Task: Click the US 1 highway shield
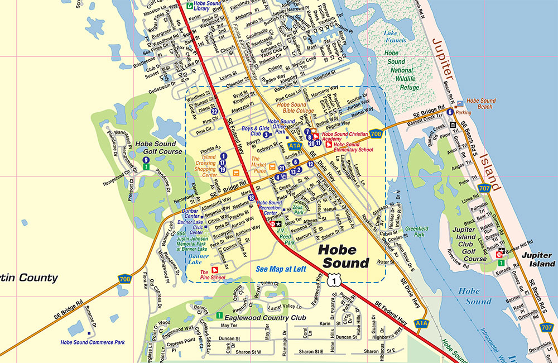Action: [333, 282]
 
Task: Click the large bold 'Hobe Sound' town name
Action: [344, 256]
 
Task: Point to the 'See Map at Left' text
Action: [281, 269]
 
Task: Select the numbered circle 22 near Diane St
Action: [214, 112]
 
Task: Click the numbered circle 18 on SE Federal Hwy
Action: [251, 198]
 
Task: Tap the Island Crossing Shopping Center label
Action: [205, 166]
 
